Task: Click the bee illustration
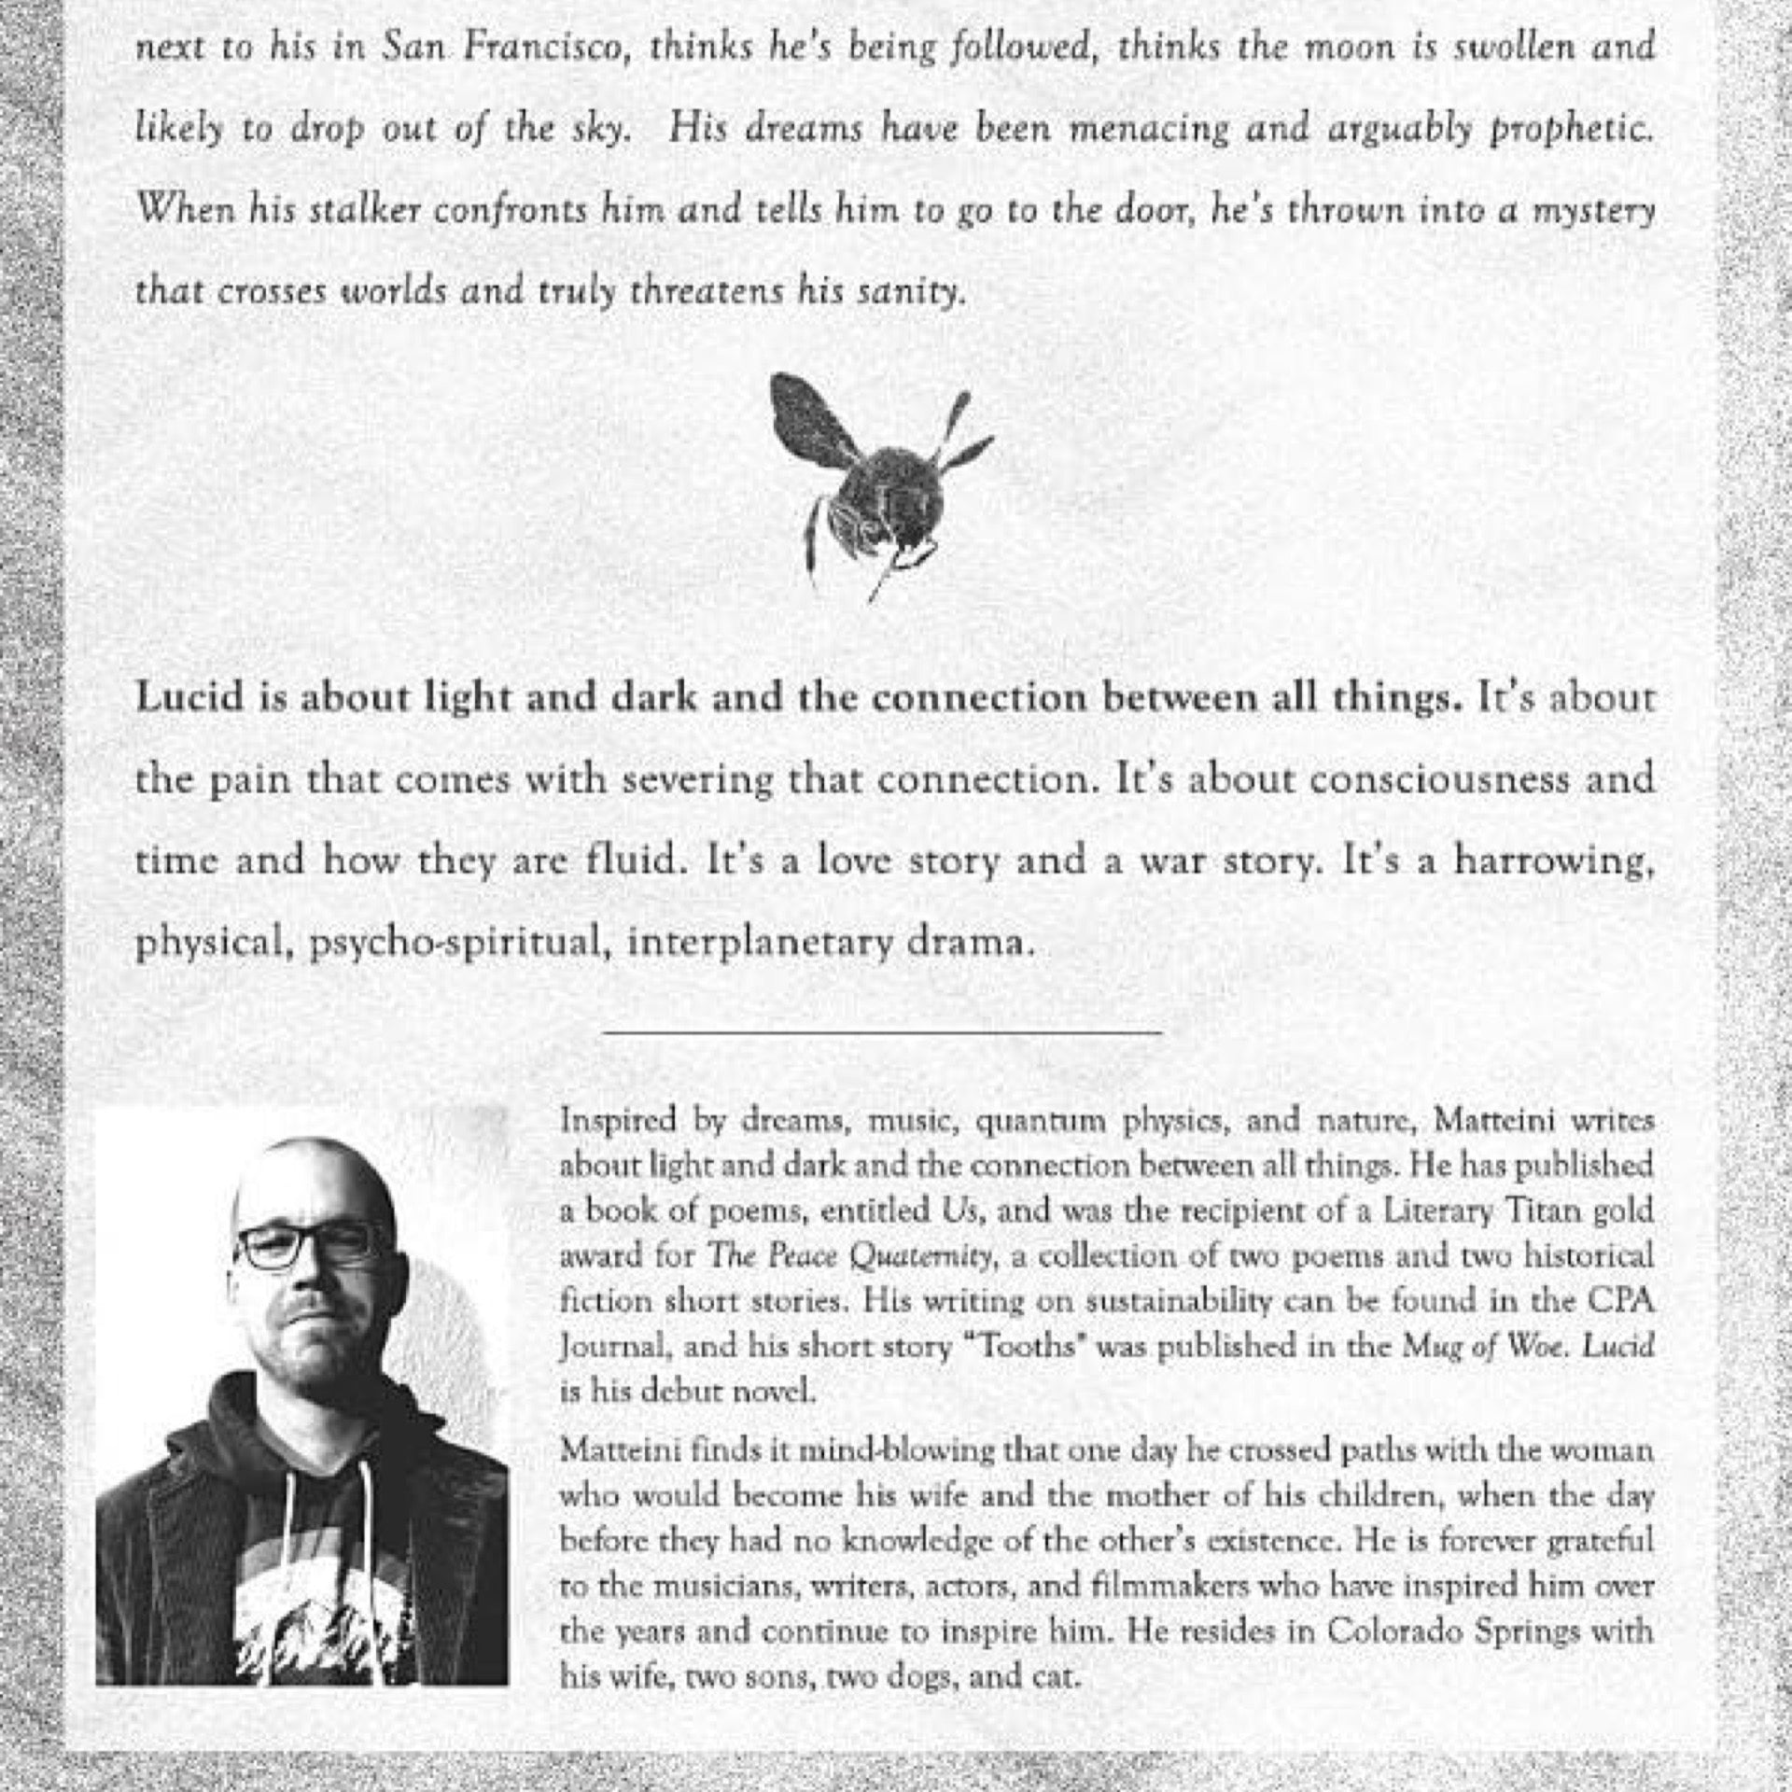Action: click(877, 485)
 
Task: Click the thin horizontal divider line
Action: click(882, 1032)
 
